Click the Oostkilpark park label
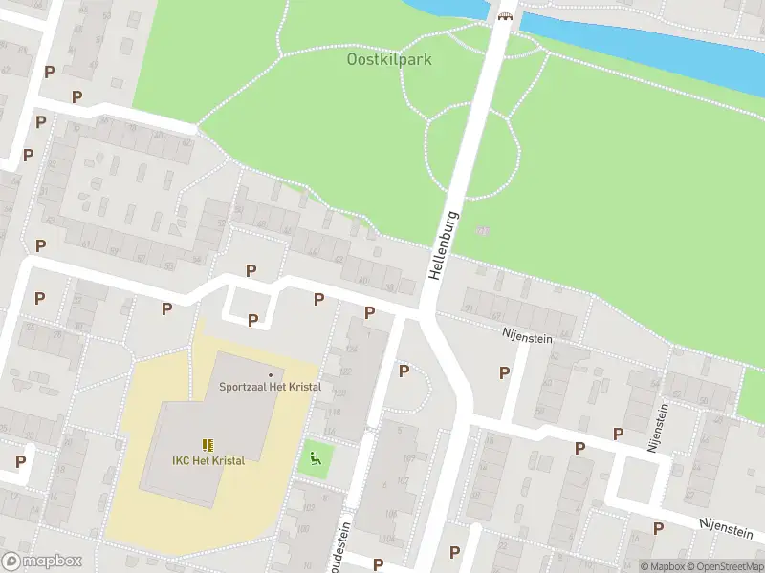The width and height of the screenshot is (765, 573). (388, 59)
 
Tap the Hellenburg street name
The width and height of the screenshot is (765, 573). (444, 244)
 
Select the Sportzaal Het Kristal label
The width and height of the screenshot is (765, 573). (270, 387)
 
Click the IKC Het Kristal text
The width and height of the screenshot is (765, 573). (208, 460)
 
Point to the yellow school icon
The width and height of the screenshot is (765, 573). (208, 444)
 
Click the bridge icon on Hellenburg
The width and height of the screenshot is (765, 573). (505, 15)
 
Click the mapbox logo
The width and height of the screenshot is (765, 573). (42, 561)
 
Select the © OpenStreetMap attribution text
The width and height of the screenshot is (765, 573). (731, 566)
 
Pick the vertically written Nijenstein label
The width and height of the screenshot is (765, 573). (659, 424)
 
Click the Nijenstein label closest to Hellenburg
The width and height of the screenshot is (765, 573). (528, 334)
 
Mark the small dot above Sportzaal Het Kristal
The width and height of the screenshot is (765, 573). (271, 374)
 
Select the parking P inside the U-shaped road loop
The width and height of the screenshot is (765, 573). (252, 320)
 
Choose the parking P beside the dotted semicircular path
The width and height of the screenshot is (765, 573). (404, 371)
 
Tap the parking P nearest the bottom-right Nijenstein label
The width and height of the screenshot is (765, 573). (658, 528)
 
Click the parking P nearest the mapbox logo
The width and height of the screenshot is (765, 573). (20, 461)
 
